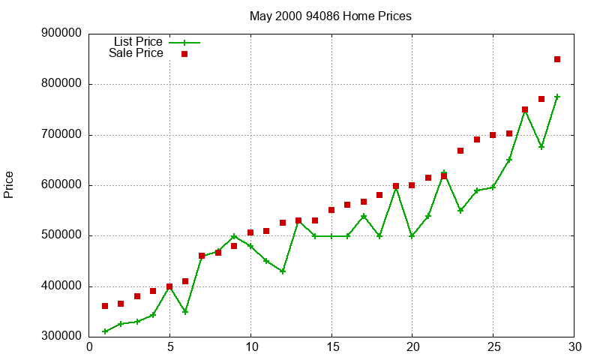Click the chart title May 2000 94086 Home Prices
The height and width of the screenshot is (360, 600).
(330, 16)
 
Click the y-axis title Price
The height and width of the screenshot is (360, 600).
(9, 184)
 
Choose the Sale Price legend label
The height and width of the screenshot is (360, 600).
(136, 53)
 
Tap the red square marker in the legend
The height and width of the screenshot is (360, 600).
(184, 54)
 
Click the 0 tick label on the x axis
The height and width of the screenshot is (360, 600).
(89, 346)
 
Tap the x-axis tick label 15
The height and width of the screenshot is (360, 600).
(331, 346)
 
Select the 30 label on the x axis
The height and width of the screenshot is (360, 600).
(574, 346)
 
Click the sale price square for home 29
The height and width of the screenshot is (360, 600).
(557, 59)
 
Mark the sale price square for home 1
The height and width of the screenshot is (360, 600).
(105, 306)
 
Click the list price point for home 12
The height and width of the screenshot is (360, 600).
(283, 271)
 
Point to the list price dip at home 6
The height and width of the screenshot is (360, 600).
(185, 311)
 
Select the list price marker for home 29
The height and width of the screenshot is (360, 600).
(557, 97)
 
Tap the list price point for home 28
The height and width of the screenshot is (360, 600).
(541, 147)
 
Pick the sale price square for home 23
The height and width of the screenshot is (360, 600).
(460, 151)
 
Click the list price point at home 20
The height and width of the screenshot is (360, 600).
(412, 235)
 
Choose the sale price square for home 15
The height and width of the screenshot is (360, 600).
(331, 210)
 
